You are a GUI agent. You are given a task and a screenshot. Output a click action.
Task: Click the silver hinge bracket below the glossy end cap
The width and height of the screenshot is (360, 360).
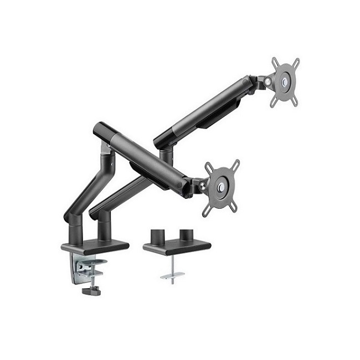105,149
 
